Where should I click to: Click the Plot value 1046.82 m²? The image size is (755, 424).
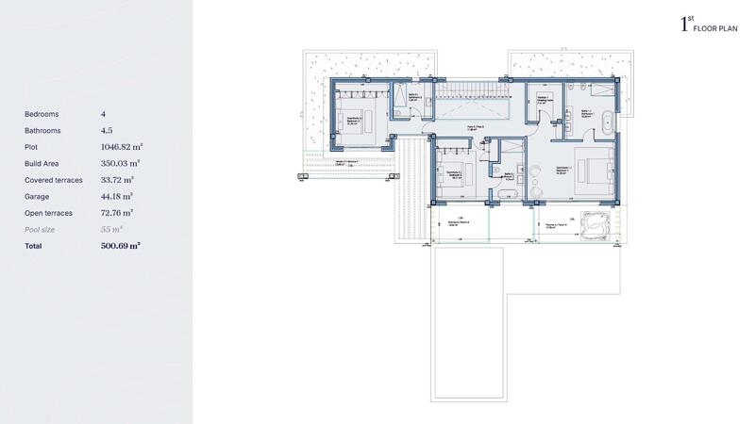click(120, 147)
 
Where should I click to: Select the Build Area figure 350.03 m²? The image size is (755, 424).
click(120, 163)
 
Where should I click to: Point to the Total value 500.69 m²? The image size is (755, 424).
click(120, 245)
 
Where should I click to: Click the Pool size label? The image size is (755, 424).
click(41, 229)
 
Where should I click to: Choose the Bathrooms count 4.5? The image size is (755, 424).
click(107, 130)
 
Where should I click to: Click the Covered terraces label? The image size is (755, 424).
click(54, 179)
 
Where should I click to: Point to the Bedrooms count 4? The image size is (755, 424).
click(103, 114)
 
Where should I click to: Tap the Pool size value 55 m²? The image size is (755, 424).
click(112, 229)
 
